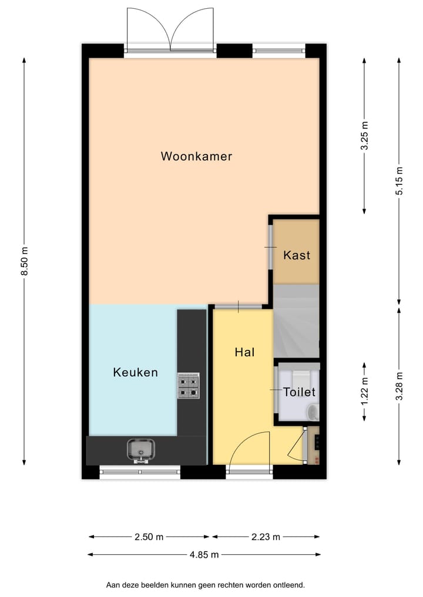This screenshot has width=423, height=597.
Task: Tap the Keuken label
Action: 135,372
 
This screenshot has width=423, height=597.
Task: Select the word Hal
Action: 244,352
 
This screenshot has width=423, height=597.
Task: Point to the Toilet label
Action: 299,392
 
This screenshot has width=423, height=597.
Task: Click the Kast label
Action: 296,255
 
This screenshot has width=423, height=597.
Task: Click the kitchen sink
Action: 140,450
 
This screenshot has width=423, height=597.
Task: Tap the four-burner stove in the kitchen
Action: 189,386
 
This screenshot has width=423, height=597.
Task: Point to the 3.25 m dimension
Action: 364,136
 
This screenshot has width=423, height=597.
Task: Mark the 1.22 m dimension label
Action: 364,391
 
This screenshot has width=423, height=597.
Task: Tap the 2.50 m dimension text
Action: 149,537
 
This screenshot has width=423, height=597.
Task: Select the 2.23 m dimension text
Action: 266,537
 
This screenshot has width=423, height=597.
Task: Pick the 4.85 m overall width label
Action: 204,554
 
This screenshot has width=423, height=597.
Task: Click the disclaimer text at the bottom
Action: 205,585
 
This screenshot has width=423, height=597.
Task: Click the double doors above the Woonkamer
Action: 170,29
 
